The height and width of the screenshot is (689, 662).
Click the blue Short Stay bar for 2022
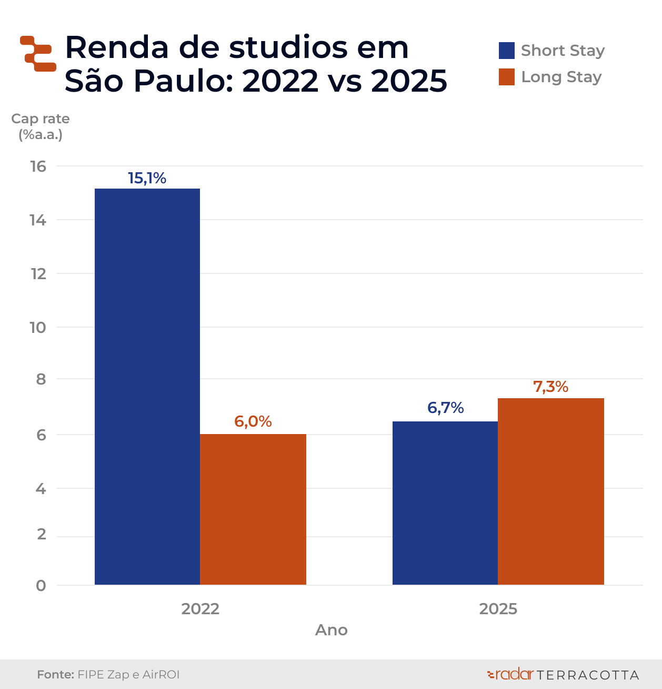point(147,387)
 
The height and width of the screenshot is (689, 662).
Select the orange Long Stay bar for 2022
point(253,509)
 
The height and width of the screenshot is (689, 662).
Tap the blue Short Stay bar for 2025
point(445,503)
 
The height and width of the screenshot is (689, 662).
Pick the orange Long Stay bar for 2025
point(551,491)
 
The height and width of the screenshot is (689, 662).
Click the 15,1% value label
point(147,179)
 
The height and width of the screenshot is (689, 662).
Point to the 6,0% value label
point(253,421)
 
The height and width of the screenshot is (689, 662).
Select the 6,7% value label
point(445,408)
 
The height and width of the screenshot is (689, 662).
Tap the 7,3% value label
point(551,387)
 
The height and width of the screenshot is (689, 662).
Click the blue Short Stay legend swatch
point(506,51)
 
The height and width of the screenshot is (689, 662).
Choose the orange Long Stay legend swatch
point(506,77)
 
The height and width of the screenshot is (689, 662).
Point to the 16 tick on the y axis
point(38,166)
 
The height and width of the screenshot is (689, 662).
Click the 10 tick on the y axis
point(38,328)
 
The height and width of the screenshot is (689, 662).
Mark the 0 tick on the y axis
point(41,586)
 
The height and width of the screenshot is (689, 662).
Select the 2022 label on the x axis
point(200,609)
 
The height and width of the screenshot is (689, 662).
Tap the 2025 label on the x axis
point(498,609)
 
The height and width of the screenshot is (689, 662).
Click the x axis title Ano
point(332,630)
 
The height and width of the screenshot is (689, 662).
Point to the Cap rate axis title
point(41,126)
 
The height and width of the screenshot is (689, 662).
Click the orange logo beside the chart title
point(38,54)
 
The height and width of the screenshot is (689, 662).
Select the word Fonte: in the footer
point(55,675)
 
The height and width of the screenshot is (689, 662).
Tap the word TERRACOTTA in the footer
point(588,675)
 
